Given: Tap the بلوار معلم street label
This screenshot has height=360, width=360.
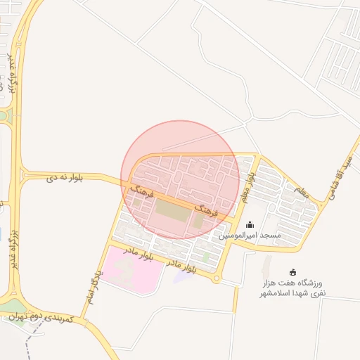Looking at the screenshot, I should [x=245, y=186].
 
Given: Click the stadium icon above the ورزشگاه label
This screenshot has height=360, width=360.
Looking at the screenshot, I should [x=293, y=272].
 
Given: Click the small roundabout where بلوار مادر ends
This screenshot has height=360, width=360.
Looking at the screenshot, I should [x=217, y=279].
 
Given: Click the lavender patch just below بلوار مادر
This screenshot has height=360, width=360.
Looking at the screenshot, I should [x=183, y=276].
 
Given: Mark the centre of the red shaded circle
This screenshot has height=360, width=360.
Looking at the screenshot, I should [x=181, y=180].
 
